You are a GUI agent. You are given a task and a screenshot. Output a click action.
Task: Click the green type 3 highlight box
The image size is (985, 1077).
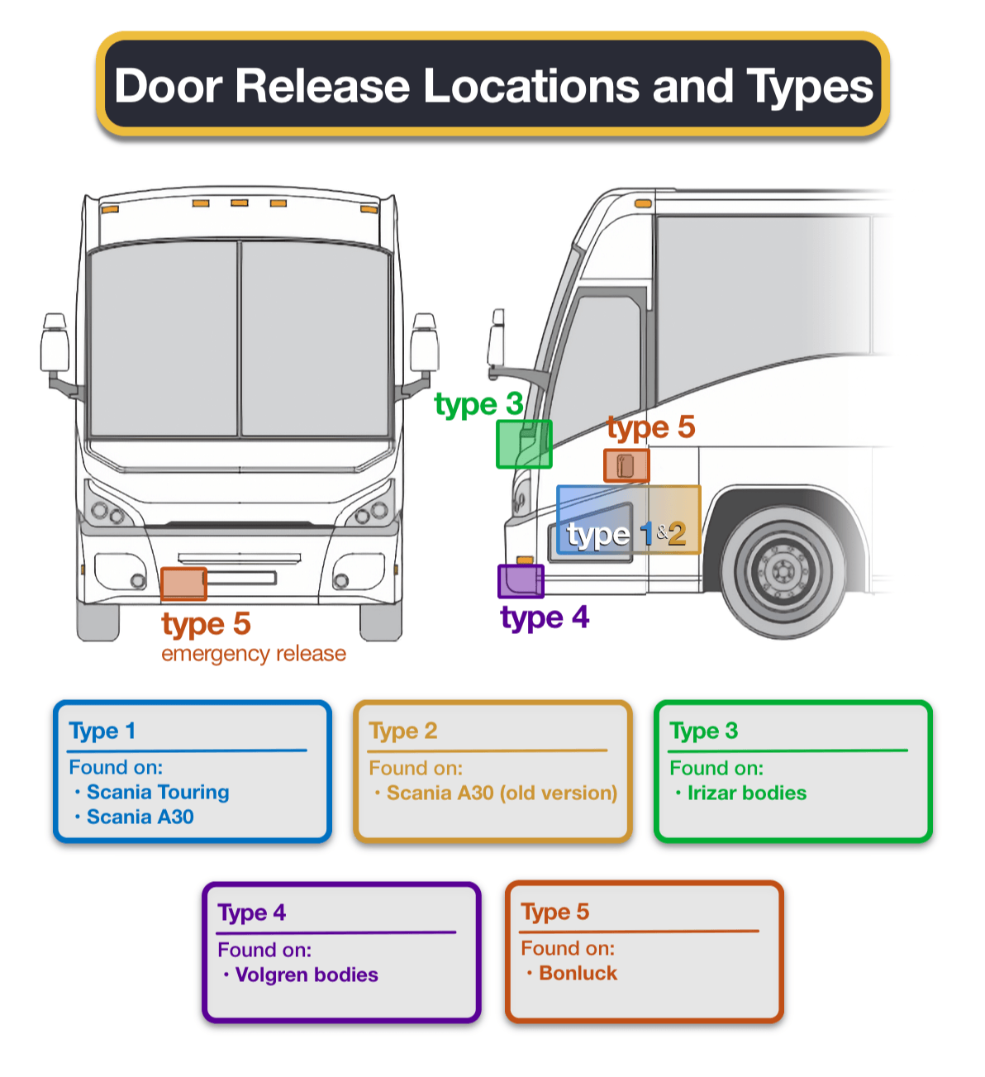pyautogui.click(x=523, y=444)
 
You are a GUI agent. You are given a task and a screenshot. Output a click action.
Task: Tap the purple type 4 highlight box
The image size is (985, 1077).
pyautogui.click(x=520, y=581)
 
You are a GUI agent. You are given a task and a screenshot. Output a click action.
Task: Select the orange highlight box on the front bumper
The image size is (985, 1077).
pyautogui.click(x=183, y=584)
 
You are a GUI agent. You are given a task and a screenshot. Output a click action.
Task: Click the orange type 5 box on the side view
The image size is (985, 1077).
pyautogui.click(x=626, y=465)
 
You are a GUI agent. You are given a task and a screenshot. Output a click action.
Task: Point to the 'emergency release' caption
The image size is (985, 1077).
pyautogui.click(x=254, y=654)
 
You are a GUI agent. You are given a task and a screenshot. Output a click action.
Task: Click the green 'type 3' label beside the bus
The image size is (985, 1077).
pyautogui.click(x=478, y=403)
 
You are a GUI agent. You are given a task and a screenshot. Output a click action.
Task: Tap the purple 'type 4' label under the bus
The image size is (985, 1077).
pyautogui.click(x=545, y=617)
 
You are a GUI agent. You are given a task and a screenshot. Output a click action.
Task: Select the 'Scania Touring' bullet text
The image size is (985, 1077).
pyautogui.click(x=158, y=792)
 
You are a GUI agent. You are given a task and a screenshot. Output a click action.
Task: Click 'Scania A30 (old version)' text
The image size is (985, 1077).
pyautogui.click(x=502, y=793)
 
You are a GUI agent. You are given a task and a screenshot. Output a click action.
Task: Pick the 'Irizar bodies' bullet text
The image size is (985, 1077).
pyautogui.click(x=747, y=793)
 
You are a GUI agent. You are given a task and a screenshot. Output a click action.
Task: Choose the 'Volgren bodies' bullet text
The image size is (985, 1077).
pyautogui.click(x=307, y=975)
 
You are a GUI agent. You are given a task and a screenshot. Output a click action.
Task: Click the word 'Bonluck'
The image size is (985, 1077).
pyautogui.click(x=578, y=973)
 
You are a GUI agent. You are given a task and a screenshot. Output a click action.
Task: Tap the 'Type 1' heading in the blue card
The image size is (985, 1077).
pyautogui.click(x=102, y=732)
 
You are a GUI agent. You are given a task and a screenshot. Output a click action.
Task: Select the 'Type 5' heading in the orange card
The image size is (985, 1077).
pyautogui.click(x=554, y=913)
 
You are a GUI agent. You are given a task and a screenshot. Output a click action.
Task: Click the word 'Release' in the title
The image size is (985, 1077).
pyautogui.click(x=322, y=86)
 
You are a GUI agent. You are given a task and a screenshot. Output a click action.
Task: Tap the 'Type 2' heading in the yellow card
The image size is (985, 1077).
pyautogui.click(x=402, y=732)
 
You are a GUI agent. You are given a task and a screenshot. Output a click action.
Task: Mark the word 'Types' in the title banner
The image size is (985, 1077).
pyautogui.click(x=810, y=87)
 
